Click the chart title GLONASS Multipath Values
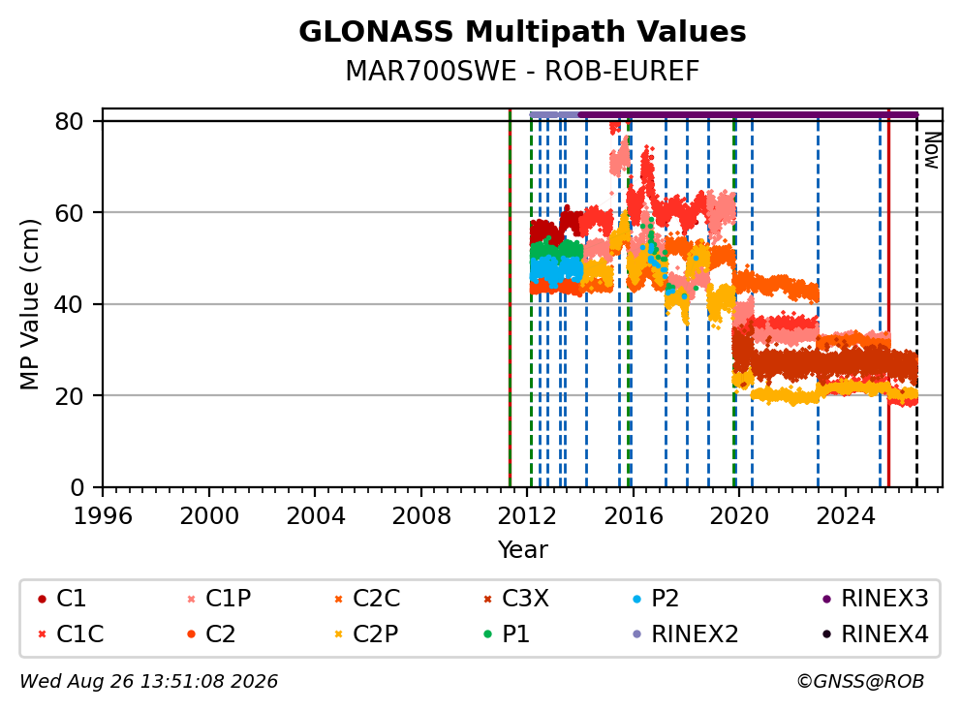click(x=522, y=32)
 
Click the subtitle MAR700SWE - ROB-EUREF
click(x=522, y=71)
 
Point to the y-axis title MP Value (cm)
click(x=29, y=304)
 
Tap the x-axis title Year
click(x=522, y=549)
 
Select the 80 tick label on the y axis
click(x=69, y=121)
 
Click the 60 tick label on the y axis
click(x=69, y=213)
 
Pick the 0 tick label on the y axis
click(x=77, y=487)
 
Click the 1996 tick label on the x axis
click(x=103, y=516)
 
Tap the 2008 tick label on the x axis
click(x=421, y=516)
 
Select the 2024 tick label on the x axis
click(x=845, y=516)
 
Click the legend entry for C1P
click(x=219, y=599)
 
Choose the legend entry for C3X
click(x=516, y=599)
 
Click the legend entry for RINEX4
click(x=876, y=634)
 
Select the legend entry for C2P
click(x=366, y=634)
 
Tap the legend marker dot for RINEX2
click(x=637, y=634)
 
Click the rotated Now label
click(x=932, y=150)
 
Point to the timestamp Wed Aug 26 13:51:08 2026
click(x=149, y=681)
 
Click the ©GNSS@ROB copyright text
click(x=860, y=681)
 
